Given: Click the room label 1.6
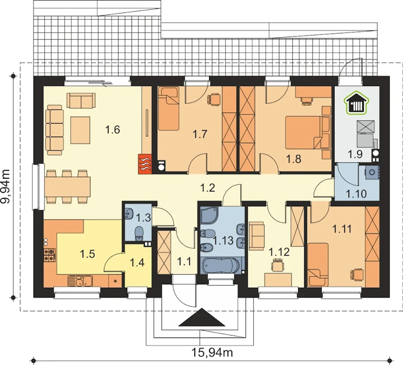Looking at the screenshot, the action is pos(112,130).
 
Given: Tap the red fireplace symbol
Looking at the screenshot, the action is pos(145,164).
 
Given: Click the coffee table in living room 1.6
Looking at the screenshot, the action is pos(80,130).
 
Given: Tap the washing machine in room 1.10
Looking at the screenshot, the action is pos(372,172).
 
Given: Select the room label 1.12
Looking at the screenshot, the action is pos(279,252).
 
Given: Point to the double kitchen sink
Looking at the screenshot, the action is pos(80,280).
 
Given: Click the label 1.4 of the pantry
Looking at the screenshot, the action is pos(137,263).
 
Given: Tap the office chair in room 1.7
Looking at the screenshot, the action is pos(214,99).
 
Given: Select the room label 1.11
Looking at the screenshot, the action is pos(342,229).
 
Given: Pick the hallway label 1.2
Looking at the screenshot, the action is pos(207,188).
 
